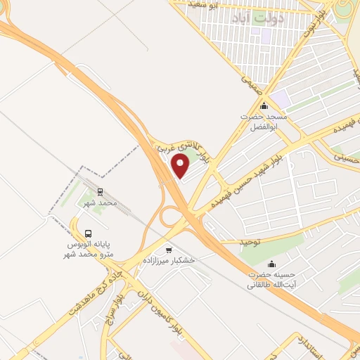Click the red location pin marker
tap(181, 167)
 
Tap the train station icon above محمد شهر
tap(98, 191)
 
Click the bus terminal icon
tap(89, 233)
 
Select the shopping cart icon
tap(167, 250)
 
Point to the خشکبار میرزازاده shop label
tap(168, 260)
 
